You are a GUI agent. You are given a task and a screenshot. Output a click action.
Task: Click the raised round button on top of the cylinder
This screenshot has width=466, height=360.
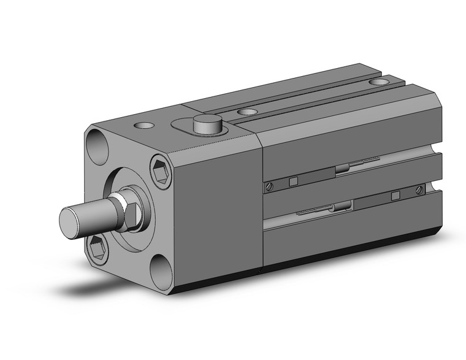(x=204, y=126)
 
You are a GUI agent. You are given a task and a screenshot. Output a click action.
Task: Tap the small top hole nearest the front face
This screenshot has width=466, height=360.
(x=145, y=126)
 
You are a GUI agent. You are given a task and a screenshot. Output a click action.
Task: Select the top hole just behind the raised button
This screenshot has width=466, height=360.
(x=248, y=112)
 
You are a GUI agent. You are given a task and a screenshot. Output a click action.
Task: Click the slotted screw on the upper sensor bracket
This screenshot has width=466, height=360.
(x=269, y=185)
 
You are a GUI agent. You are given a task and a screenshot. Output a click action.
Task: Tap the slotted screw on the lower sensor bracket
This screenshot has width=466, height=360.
(x=418, y=191)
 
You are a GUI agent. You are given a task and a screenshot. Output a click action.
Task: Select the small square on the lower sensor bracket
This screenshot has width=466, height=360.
(x=395, y=195)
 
